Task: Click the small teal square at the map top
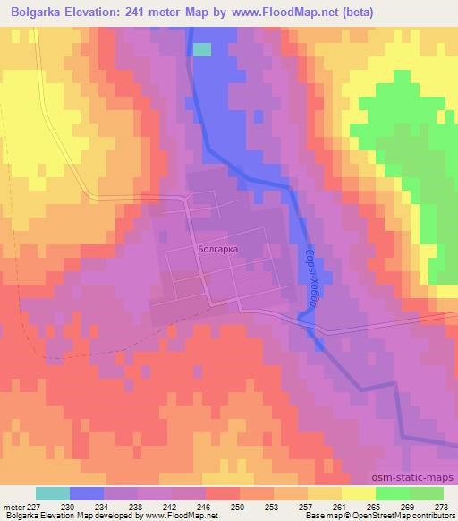(203, 49)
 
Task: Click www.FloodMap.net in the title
(276, 13)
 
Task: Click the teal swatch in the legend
(53, 493)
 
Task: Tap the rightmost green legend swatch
(427, 493)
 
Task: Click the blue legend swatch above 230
(87, 493)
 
